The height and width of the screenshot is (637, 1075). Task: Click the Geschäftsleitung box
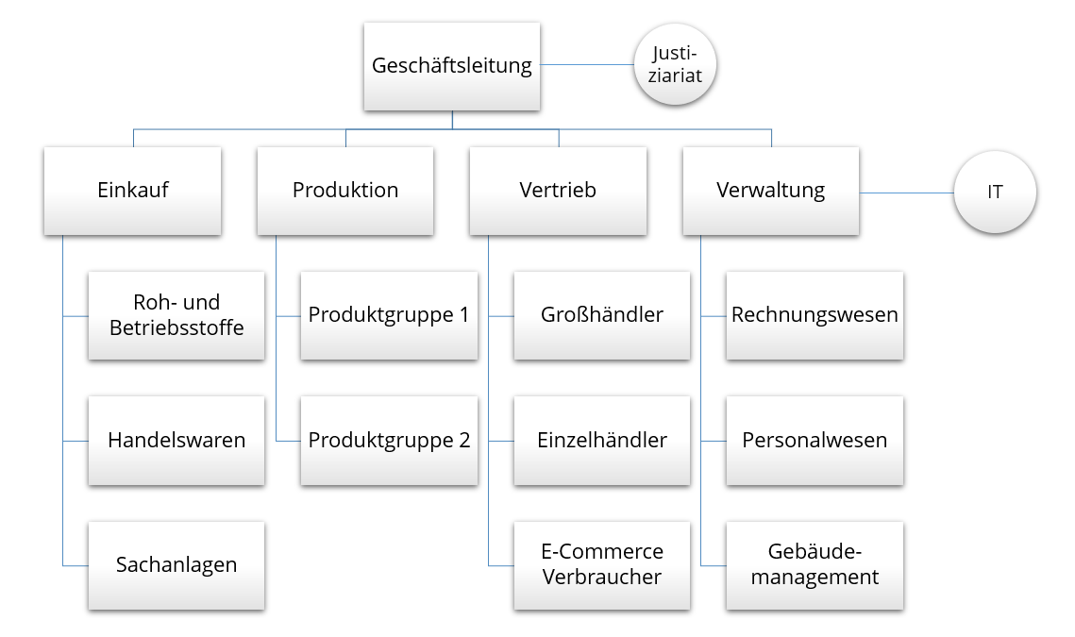coord(452,66)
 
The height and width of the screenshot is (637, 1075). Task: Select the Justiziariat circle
coord(675,65)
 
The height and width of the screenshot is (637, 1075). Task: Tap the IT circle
coord(995,192)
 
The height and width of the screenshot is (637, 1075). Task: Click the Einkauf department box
coord(133,191)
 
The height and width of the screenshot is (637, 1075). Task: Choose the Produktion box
coord(345,191)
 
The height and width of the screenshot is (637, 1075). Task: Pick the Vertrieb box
coord(558,191)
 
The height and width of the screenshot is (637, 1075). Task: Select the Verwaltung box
coord(770,191)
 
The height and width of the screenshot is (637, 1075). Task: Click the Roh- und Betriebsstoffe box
coord(176,315)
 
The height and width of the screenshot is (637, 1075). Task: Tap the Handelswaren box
coord(176,440)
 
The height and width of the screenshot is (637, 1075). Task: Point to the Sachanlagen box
coord(176,564)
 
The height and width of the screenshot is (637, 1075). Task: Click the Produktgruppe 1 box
coord(389,315)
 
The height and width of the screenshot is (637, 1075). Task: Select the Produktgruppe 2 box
coord(389,440)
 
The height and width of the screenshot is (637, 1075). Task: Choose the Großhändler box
coord(602,315)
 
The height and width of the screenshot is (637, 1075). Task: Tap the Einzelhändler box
coord(602,440)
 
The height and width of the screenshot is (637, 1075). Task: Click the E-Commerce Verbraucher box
coord(602,564)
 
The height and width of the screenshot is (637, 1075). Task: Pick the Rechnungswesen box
coord(815,315)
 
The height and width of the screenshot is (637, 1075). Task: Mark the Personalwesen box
coord(815,440)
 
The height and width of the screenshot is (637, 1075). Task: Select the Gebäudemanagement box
coord(815,564)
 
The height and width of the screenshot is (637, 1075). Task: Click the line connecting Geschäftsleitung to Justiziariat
coord(587,65)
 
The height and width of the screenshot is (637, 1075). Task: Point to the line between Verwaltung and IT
coord(906,193)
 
